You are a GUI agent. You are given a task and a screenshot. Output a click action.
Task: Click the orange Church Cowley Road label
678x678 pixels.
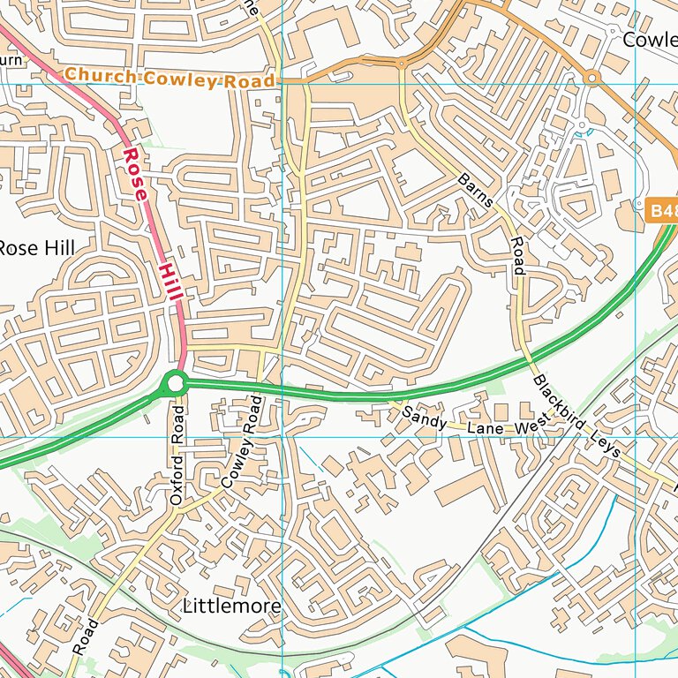point(169,78)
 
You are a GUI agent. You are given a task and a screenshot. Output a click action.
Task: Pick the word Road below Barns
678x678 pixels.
point(518,255)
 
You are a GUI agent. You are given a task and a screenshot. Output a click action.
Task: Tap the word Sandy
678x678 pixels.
point(420,416)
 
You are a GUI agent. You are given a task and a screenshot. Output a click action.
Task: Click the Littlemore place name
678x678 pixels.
point(232,606)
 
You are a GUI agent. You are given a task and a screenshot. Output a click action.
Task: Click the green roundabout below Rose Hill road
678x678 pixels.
point(175,383)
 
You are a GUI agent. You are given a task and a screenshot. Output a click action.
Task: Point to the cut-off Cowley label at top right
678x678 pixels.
point(650,40)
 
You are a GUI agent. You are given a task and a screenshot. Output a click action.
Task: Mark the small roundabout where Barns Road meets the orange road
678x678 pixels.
point(401,64)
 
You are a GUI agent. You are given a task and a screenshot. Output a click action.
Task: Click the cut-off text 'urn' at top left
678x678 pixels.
point(11,60)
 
